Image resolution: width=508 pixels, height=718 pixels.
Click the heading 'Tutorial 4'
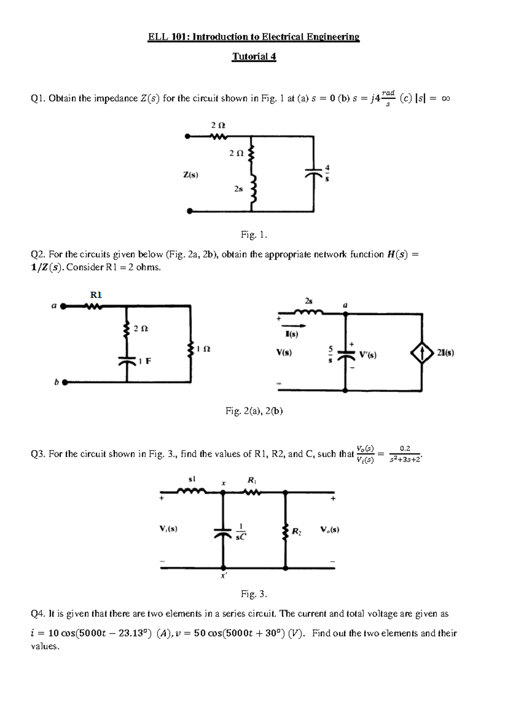click(x=254, y=56)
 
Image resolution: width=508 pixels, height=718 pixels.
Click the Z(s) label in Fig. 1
click(x=190, y=174)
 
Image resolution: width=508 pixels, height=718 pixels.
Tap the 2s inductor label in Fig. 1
click(x=238, y=189)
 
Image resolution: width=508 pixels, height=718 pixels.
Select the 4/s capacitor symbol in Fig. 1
click(x=313, y=174)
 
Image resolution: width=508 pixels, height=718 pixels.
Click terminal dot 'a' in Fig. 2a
click(x=63, y=306)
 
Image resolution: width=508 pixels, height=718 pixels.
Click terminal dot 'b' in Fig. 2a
click(x=65, y=383)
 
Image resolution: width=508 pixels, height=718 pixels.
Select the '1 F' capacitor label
click(x=145, y=361)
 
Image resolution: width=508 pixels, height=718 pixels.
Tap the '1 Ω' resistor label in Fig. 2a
click(x=204, y=349)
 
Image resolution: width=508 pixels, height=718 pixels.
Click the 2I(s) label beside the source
click(x=445, y=353)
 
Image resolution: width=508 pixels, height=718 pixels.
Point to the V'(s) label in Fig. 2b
click(x=367, y=355)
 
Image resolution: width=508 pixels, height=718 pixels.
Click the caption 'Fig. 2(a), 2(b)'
click(x=254, y=411)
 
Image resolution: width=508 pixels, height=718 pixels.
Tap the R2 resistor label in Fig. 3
click(x=297, y=531)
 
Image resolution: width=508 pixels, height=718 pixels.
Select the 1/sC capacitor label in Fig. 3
click(x=240, y=532)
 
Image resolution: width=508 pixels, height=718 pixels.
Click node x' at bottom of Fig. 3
click(x=223, y=569)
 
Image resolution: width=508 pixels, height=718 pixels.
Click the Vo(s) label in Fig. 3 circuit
click(x=330, y=530)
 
